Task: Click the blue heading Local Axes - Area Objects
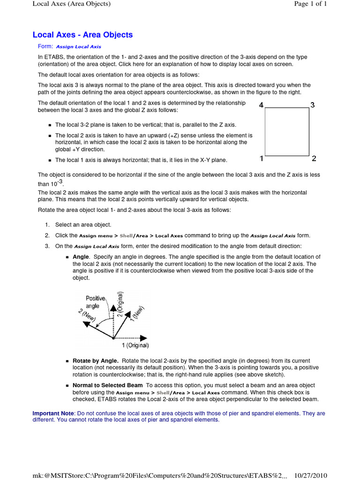point(82,35)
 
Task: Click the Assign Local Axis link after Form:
point(78,47)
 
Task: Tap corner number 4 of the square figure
point(261,105)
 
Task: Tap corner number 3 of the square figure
point(313,105)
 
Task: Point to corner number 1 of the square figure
point(261,158)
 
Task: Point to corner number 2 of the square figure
point(314,158)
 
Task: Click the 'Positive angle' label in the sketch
point(95,302)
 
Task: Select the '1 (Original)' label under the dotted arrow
point(135,345)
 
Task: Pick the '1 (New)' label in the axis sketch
point(137,314)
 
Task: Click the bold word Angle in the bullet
point(81,257)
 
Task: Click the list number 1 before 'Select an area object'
point(47,225)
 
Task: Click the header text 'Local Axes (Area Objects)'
point(71,4)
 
